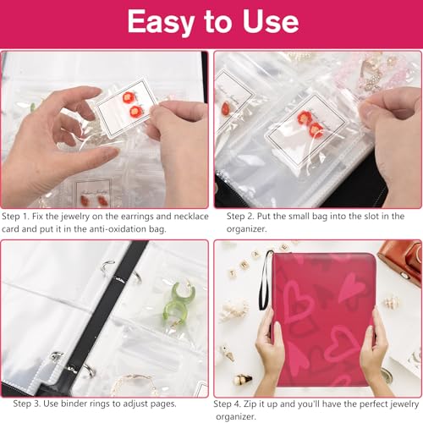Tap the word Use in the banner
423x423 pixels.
coord(271,21)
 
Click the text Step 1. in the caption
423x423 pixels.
coord(15,217)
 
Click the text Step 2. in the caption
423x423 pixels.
coord(240,217)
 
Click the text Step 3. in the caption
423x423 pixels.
coord(27,404)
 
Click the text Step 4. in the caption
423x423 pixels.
coord(228,404)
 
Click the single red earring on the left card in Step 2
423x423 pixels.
coord(226,108)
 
